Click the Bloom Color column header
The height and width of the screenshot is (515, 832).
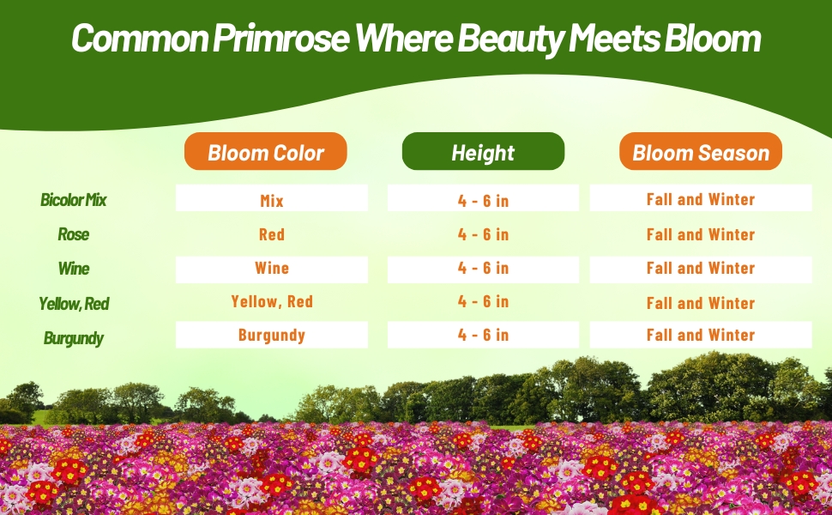click(265, 151)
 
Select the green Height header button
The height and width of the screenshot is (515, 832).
click(483, 151)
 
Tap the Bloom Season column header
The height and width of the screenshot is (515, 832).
click(701, 151)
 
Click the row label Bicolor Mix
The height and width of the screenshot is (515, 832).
click(73, 200)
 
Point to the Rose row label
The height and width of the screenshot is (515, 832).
click(73, 234)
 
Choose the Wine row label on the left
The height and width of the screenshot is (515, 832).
click(74, 268)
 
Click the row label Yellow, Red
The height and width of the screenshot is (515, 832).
click(74, 304)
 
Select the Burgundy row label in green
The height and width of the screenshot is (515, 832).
click(73, 338)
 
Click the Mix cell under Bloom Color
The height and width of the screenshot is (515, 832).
click(272, 198)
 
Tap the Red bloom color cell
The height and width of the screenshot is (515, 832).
click(272, 234)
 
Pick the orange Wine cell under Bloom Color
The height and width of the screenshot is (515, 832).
click(272, 270)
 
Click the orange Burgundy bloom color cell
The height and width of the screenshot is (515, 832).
click(272, 335)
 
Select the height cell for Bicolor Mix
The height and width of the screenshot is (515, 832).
click(483, 198)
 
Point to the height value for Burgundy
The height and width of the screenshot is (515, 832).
click(483, 335)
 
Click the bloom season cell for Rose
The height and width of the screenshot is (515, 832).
click(701, 234)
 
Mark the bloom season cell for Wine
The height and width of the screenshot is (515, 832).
click(701, 270)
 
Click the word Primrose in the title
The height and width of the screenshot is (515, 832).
click(281, 39)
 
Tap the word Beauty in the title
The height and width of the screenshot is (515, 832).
click(510, 39)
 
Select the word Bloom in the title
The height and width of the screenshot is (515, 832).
click(712, 39)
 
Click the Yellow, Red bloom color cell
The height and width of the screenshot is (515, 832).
click(272, 301)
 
